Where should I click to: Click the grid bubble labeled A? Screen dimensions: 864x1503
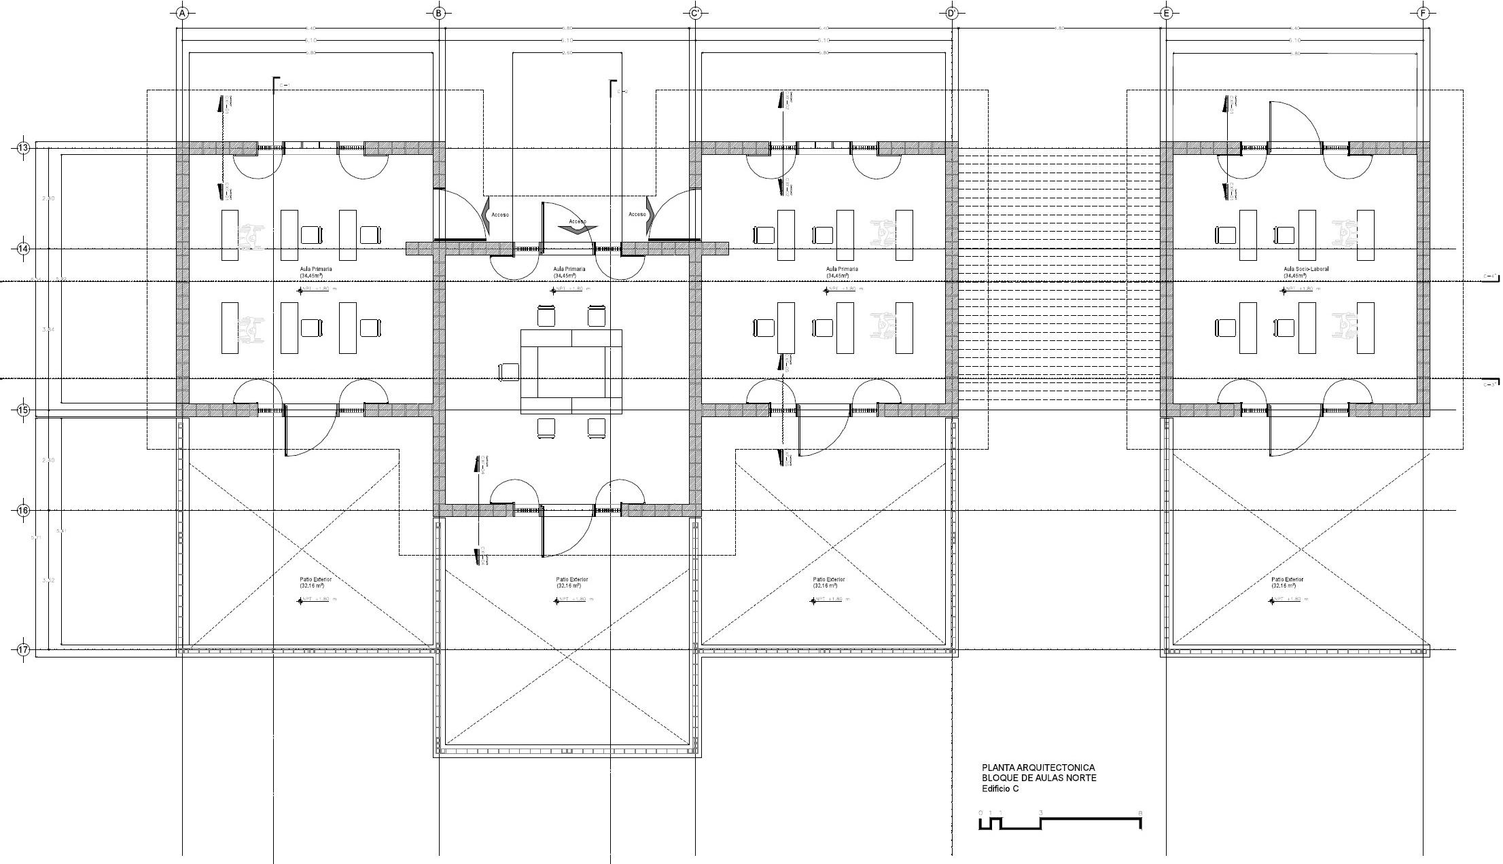coord(181,13)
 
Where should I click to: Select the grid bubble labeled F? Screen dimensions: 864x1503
coord(1424,13)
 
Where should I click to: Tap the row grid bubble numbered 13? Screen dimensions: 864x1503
coord(23,148)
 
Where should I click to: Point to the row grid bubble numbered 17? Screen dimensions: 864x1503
coord(23,650)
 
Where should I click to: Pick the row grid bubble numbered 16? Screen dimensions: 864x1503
coord(23,510)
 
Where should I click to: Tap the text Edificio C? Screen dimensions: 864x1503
coord(1000,789)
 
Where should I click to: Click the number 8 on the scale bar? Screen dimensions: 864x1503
coord(1140,813)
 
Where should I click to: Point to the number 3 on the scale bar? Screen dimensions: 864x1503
coord(1041,813)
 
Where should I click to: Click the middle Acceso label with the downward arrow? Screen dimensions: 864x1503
coord(578,221)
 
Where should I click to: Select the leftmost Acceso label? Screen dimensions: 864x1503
coord(500,215)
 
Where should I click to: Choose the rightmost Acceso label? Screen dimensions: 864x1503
coord(637,215)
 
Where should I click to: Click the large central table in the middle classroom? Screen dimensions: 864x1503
coord(571,371)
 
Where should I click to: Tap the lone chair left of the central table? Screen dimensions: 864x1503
coord(508,372)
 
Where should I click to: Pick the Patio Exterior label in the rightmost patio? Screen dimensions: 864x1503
coord(1287,579)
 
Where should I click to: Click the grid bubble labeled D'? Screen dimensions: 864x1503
coord(951,13)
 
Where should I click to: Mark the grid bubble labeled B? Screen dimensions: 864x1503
coord(439,13)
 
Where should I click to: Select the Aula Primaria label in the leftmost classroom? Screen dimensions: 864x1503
coord(316,269)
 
